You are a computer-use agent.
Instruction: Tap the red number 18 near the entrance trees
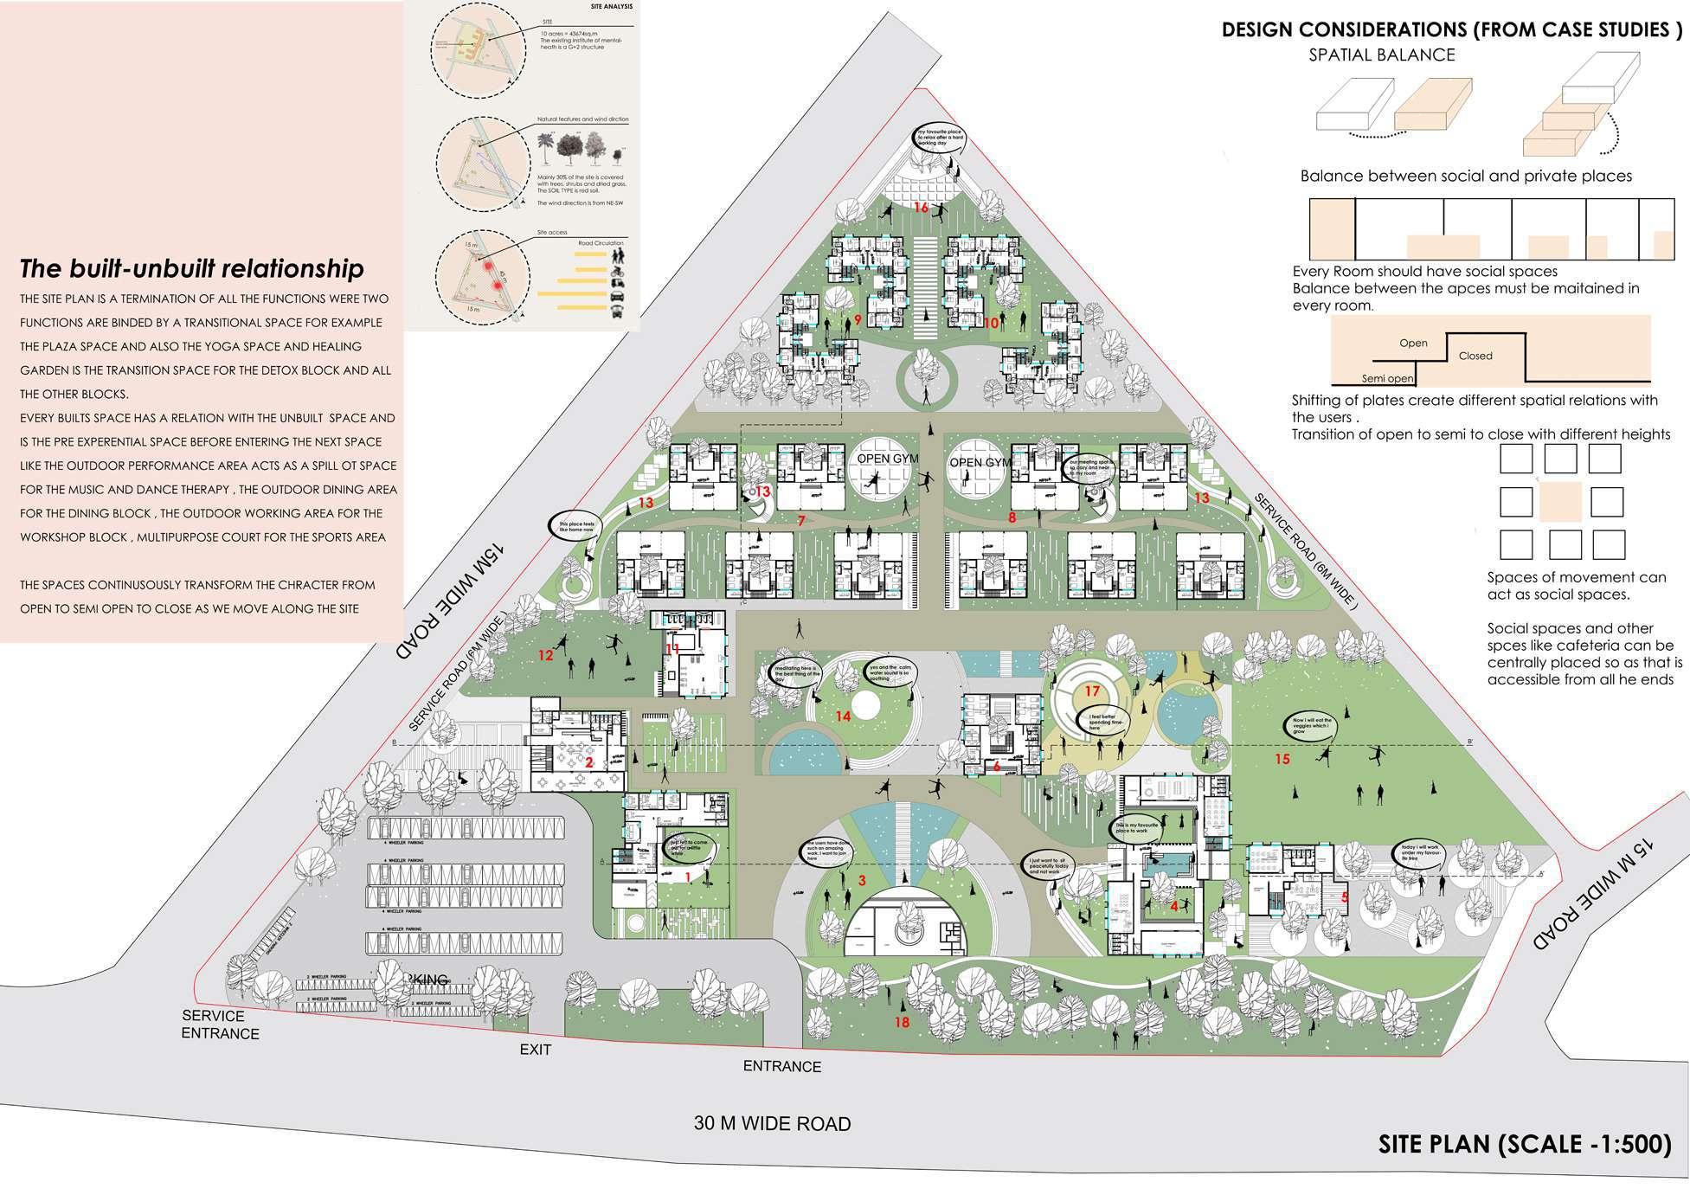click(x=902, y=1023)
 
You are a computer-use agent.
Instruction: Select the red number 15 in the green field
click(x=1282, y=759)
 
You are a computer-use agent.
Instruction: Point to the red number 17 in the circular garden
click(x=1092, y=691)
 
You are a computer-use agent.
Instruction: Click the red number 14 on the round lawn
click(x=843, y=716)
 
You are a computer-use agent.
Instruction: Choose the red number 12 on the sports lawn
click(x=545, y=655)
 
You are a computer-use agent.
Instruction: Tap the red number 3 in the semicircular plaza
click(x=862, y=881)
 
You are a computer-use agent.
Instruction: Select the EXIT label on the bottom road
click(x=535, y=1050)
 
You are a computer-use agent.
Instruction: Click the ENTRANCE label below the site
click(x=782, y=1066)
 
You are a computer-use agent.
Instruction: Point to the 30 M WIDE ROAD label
click(x=772, y=1123)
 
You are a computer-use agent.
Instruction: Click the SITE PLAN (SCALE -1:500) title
click(x=1524, y=1144)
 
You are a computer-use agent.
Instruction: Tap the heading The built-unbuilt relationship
click(x=192, y=268)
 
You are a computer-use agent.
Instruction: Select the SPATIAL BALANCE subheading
click(x=1381, y=55)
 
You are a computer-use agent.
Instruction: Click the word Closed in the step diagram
click(x=1475, y=356)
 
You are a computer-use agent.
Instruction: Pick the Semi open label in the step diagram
click(x=1387, y=378)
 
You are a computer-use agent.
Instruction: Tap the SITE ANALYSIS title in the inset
click(x=612, y=7)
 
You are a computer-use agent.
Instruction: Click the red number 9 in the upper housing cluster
click(x=857, y=319)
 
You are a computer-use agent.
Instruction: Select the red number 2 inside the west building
click(x=589, y=762)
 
